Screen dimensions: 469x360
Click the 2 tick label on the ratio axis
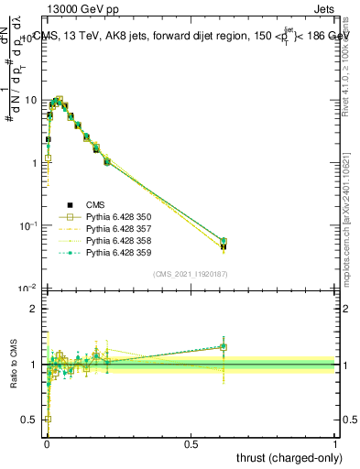pos(35,309)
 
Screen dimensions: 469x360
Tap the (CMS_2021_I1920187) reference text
pos(190,274)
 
